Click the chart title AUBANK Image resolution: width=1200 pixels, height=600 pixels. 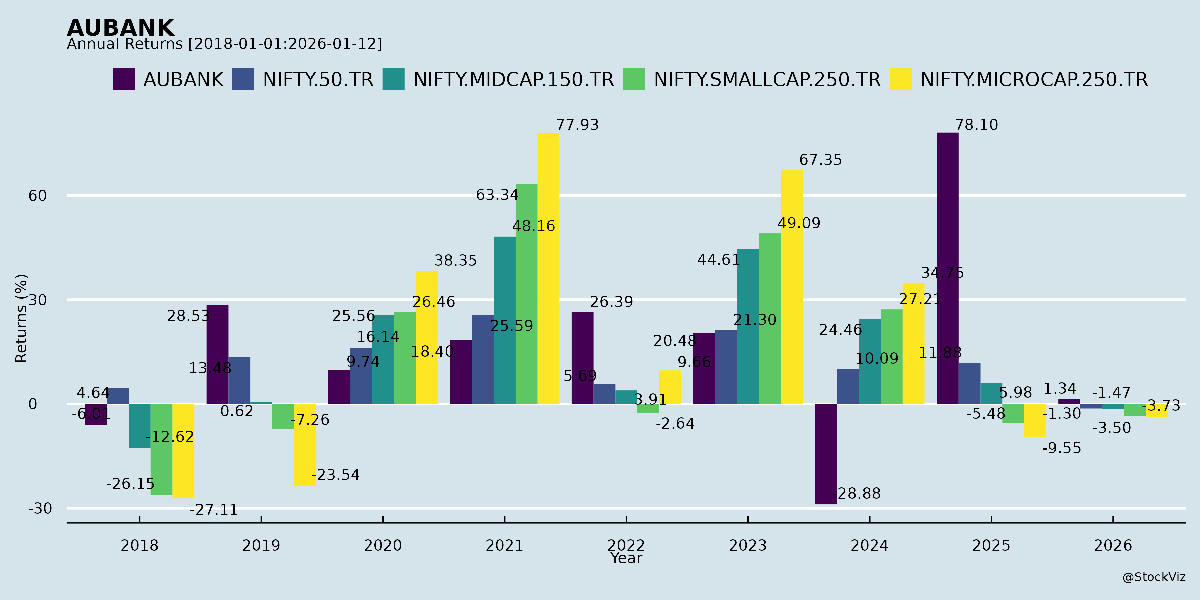121,28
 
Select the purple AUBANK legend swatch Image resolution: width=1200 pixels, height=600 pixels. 123,79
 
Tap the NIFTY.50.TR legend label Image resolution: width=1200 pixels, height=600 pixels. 318,80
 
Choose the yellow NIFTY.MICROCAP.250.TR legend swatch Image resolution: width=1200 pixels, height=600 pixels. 900,79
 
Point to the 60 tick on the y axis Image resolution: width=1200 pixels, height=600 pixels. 38,196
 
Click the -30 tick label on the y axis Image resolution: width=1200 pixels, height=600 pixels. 40,508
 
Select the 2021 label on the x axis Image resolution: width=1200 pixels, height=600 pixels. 505,545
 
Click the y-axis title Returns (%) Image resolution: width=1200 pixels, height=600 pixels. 21,318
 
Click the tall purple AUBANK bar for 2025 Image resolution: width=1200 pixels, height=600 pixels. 948,268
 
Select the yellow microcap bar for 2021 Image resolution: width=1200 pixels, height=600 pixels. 548,268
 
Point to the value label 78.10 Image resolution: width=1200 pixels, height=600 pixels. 976,125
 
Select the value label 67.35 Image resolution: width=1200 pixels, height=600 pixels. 820,160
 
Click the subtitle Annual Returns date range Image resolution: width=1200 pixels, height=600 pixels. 224,44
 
